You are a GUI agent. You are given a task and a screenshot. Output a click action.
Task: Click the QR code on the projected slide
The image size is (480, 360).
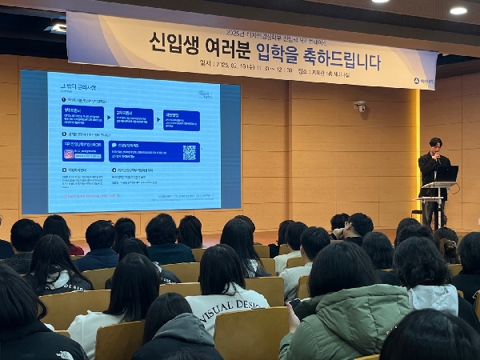pyautogui.click(x=189, y=152)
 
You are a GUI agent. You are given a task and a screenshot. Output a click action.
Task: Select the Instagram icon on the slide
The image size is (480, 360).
pyautogui.click(x=69, y=154)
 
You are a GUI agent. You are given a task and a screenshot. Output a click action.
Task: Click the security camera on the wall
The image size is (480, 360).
pyautogui.click(x=360, y=106)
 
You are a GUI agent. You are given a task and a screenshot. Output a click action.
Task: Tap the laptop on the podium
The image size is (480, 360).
pyautogui.click(x=446, y=174)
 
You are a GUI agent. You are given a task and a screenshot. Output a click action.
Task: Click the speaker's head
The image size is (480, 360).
pyautogui.click(x=435, y=143)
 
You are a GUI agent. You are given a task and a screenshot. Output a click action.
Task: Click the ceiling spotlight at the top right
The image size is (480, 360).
pyautogui.click(x=458, y=10)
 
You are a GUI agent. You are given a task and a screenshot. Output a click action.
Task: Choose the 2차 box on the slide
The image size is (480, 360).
pyautogui.click(x=134, y=119)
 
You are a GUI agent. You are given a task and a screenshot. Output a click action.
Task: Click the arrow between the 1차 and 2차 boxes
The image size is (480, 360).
pyautogui.click(x=109, y=118)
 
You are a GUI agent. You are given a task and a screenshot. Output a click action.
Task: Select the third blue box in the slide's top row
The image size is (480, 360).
pyautogui.click(x=181, y=120)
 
